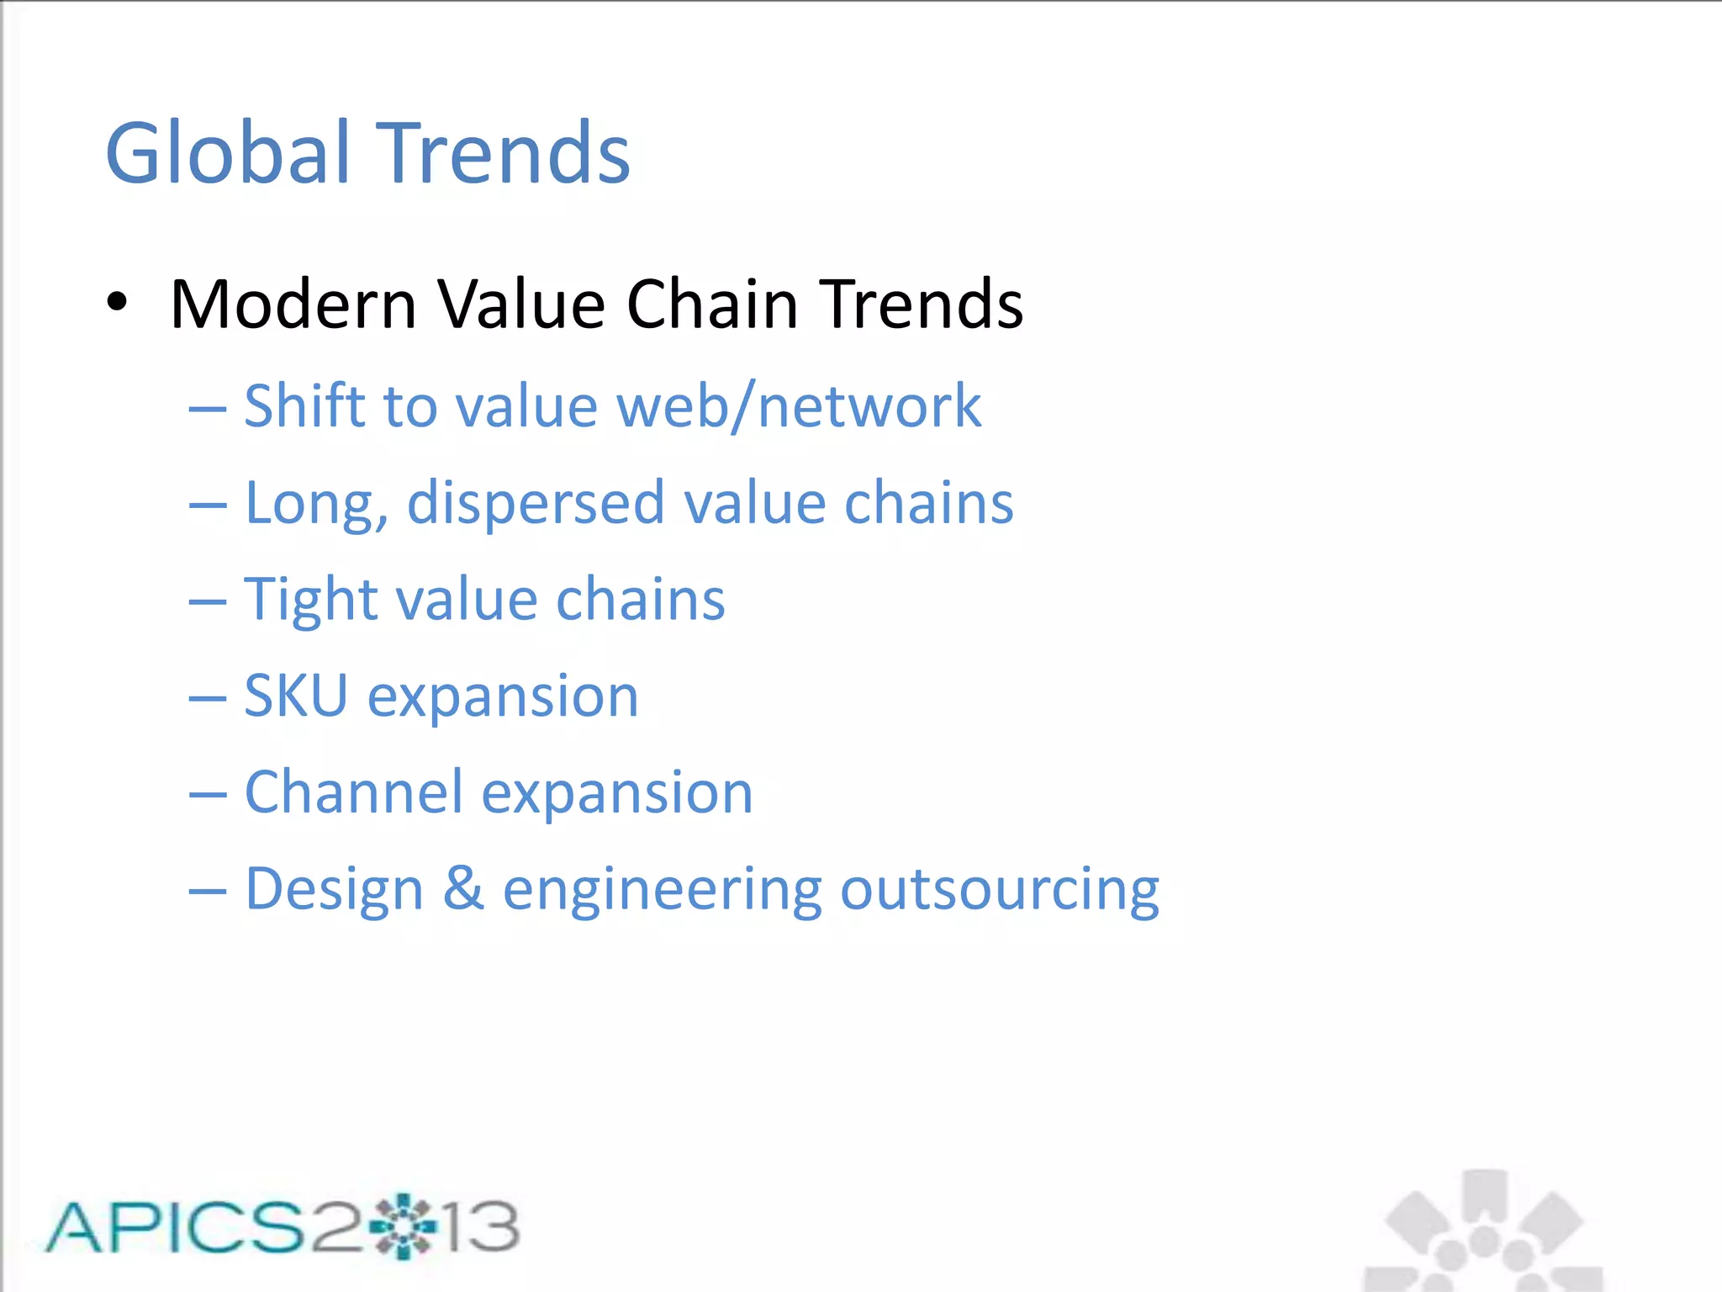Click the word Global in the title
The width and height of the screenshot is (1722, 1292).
coord(228,153)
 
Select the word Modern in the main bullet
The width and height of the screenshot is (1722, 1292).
coord(293,304)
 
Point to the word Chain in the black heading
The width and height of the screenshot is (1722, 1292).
coord(711,304)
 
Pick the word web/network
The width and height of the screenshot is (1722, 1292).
coord(799,406)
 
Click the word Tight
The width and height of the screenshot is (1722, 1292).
coord(308,600)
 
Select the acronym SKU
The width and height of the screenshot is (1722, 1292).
coord(296,696)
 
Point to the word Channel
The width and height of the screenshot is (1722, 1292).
coord(353,792)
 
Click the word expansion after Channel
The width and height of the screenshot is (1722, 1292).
coord(617,794)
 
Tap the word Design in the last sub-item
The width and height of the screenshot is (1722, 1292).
coord(334,889)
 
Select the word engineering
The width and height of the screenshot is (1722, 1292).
coord(662,891)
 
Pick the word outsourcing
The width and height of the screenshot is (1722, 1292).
coord(1000,891)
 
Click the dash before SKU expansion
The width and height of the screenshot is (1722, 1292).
coord(208,698)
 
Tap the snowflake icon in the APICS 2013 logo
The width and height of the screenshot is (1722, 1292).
coord(404,1226)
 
